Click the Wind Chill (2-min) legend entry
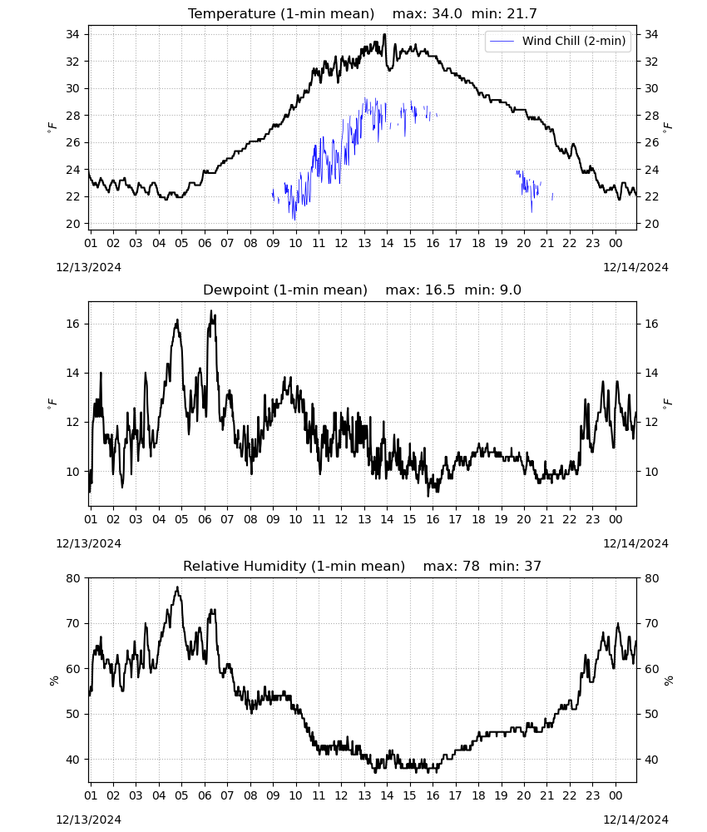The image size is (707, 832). (x=557, y=41)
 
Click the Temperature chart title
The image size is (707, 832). (x=363, y=13)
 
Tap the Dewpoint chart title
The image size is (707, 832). (x=363, y=290)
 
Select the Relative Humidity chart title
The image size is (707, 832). (x=363, y=566)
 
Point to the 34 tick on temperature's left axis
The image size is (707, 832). (x=72, y=34)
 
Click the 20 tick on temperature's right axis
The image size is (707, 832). (x=651, y=224)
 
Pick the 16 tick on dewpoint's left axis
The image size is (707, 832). (x=72, y=324)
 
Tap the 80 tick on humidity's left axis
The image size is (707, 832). (x=72, y=578)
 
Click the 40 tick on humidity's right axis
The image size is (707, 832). (x=651, y=760)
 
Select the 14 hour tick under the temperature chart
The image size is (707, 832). (x=387, y=243)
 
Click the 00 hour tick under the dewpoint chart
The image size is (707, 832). (x=616, y=519)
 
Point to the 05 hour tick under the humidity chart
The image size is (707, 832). (x=181, y=795)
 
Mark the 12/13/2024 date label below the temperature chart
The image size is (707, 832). (x=88, y=267)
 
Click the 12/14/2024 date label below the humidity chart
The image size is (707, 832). (x=635, y=820)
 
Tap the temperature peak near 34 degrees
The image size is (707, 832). (x=384, y=35)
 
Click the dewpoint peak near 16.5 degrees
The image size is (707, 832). (x=211, y=311)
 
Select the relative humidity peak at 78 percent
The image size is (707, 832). (x=178, y=587)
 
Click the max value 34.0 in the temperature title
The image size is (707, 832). (x=447, y=13)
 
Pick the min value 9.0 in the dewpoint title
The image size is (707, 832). (x=510, y=290)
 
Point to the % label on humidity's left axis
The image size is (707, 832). (x=53, y=681)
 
